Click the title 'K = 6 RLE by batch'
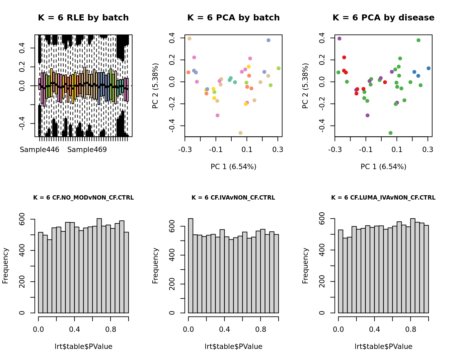tap(83, 18)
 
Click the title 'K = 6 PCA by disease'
tap(383, 18)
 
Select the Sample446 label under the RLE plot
tap(40, 150)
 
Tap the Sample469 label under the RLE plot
tap(87, 150)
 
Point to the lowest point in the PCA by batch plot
tap(240, 133)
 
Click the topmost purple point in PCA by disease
tap(340, 39)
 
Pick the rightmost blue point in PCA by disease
tap(429, 68)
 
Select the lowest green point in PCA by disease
tap(390, 133)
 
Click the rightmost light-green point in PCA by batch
tap(279, 68)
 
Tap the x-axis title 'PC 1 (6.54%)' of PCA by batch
tap(233, 166)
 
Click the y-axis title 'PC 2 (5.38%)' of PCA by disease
tap(305, 86)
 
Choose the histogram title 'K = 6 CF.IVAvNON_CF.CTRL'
tap(233, 198)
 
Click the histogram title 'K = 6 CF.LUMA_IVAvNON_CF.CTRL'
tap(383, 198)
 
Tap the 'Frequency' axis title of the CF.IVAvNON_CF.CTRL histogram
tap(155, 266)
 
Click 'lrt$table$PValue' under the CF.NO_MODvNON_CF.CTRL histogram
tap(83, 347)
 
